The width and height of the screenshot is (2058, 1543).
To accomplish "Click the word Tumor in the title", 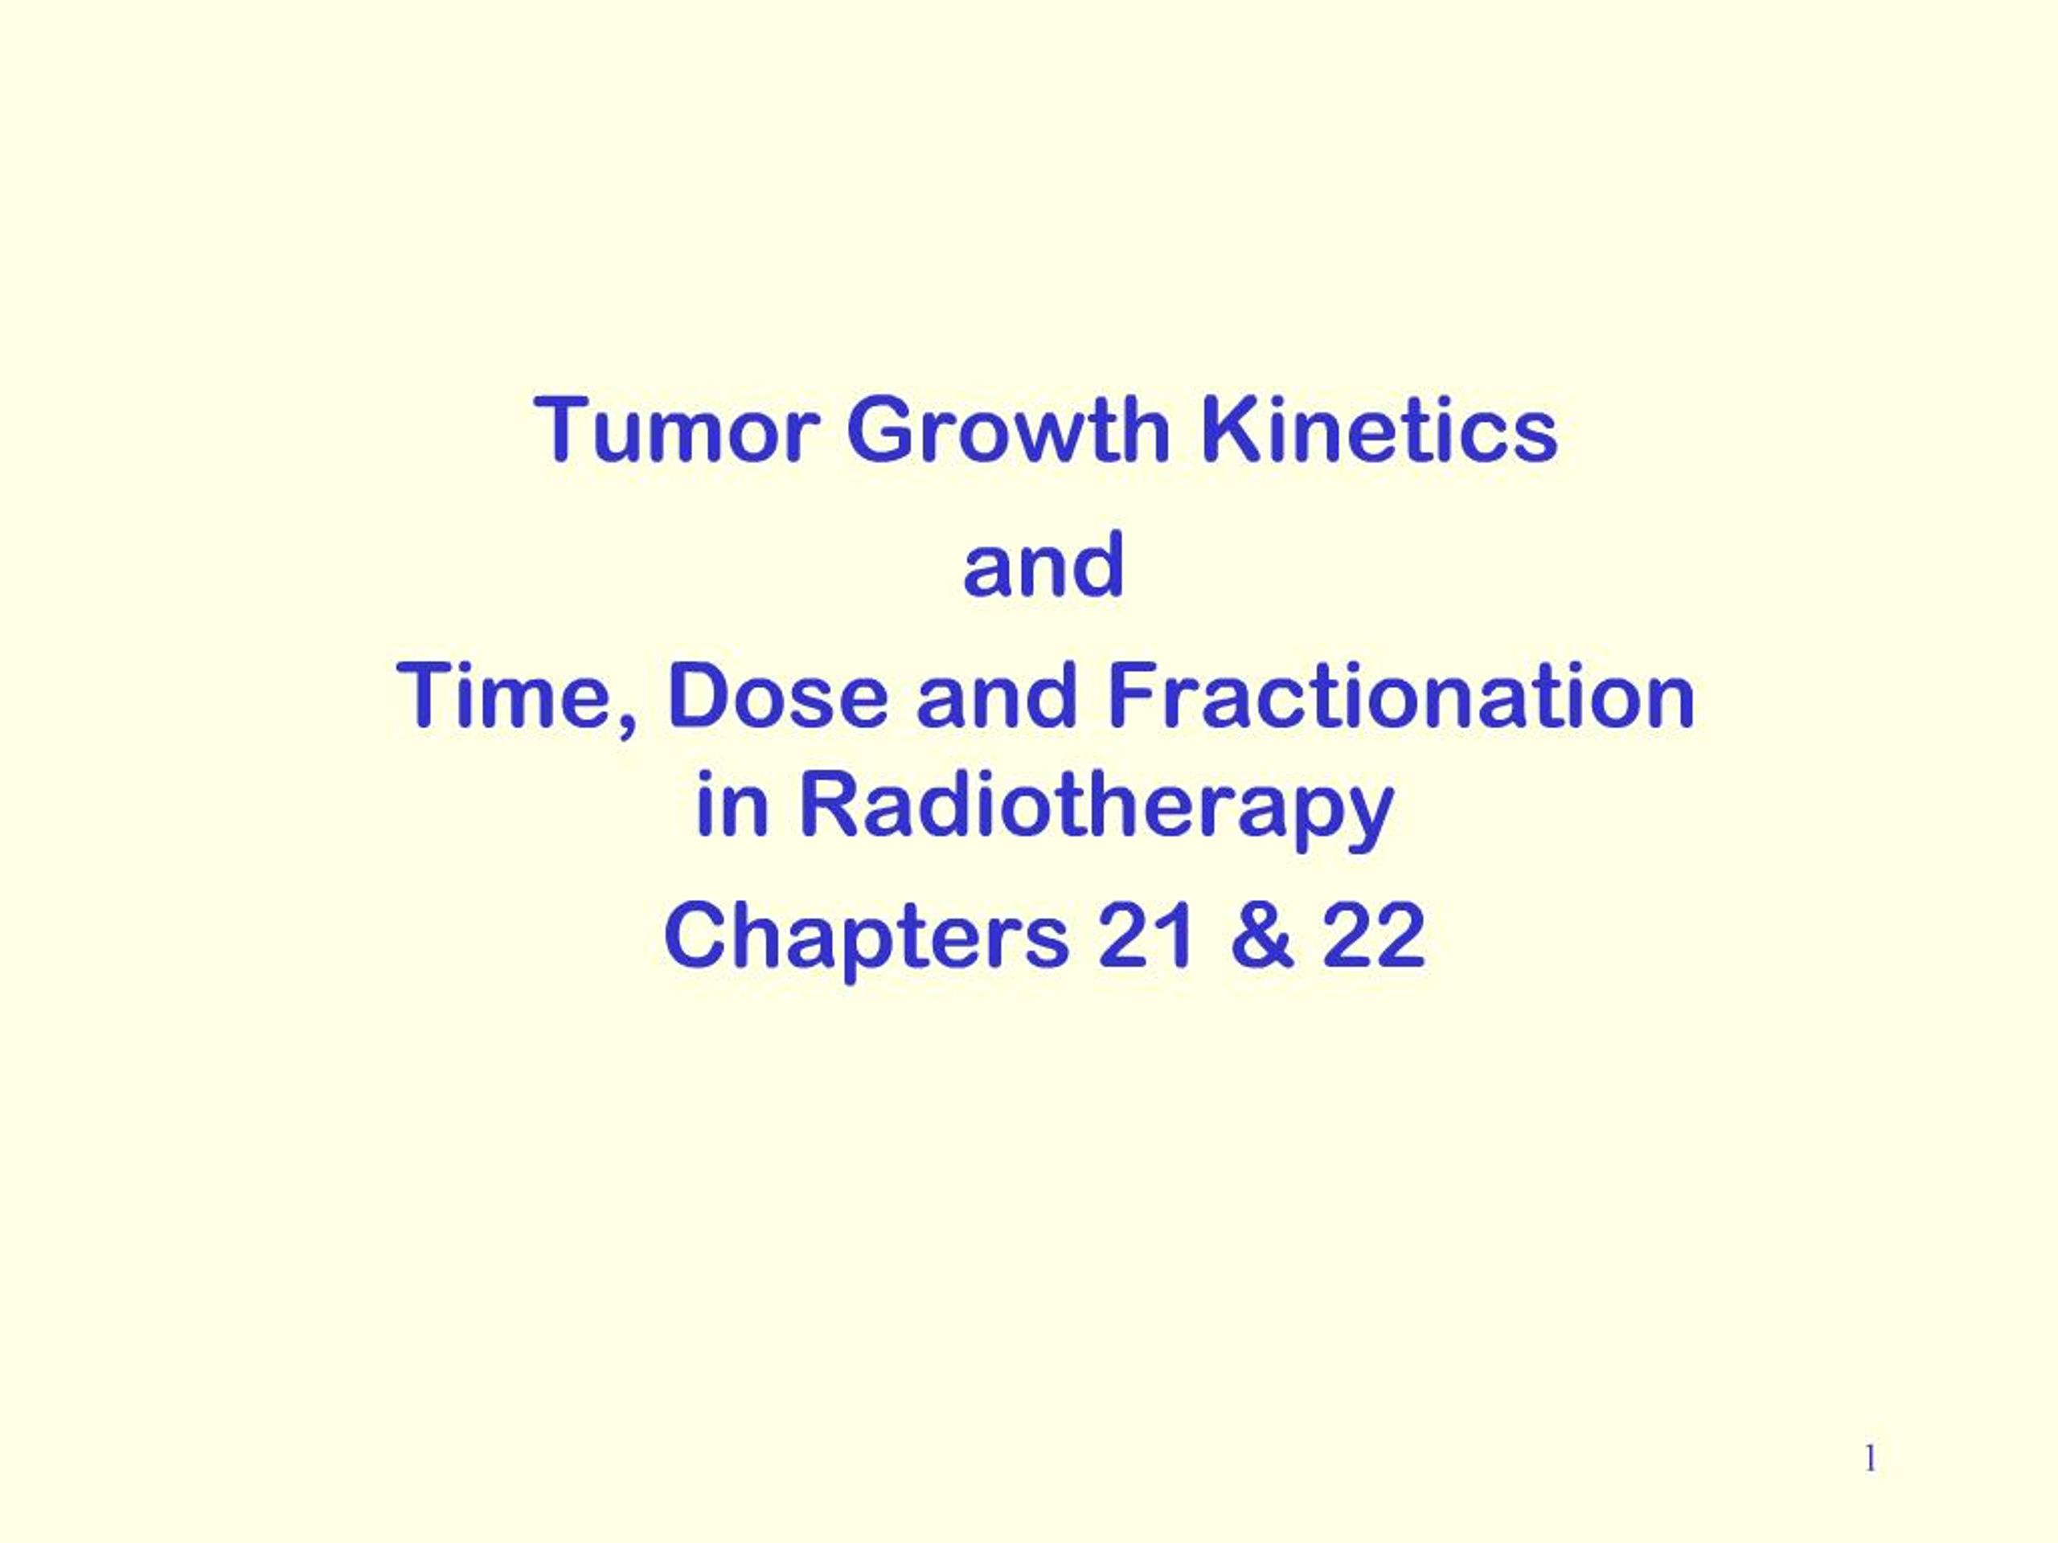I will coord(676,430).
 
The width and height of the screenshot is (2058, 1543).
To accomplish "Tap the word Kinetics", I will coord(1379,430).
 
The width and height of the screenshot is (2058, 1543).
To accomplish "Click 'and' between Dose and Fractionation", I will coord(998,697).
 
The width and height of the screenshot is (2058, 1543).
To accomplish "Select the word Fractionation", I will coord(1400,697).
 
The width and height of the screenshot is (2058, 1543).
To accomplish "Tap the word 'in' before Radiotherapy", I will coord(732,805).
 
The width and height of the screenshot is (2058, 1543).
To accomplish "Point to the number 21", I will coord(1146,935).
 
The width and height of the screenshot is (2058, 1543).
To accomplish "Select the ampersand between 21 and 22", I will coord(1261,935).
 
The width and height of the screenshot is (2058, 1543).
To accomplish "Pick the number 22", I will coord(1374,935).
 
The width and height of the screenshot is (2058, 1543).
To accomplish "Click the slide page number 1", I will coord(1871,1459).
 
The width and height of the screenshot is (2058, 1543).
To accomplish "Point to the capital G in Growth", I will coord(881,430).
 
